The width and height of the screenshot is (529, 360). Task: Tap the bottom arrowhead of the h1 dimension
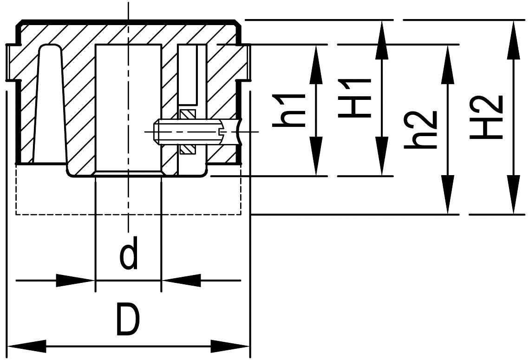click(317, 164)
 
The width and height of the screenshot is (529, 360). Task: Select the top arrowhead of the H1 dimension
click(382, 33)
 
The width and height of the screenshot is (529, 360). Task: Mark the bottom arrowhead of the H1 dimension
click(382, 164)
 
